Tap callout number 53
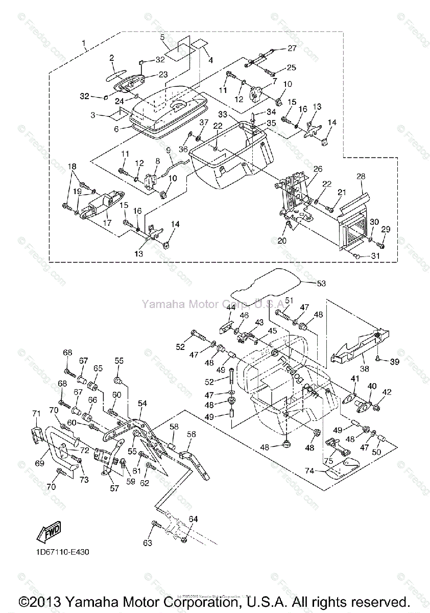tap(321, 282)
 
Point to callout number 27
tap(292, 49)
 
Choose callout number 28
tap(361, 176)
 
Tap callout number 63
tap(147, 543)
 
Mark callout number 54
tap(142, 403)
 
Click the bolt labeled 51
tap(282, 312)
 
